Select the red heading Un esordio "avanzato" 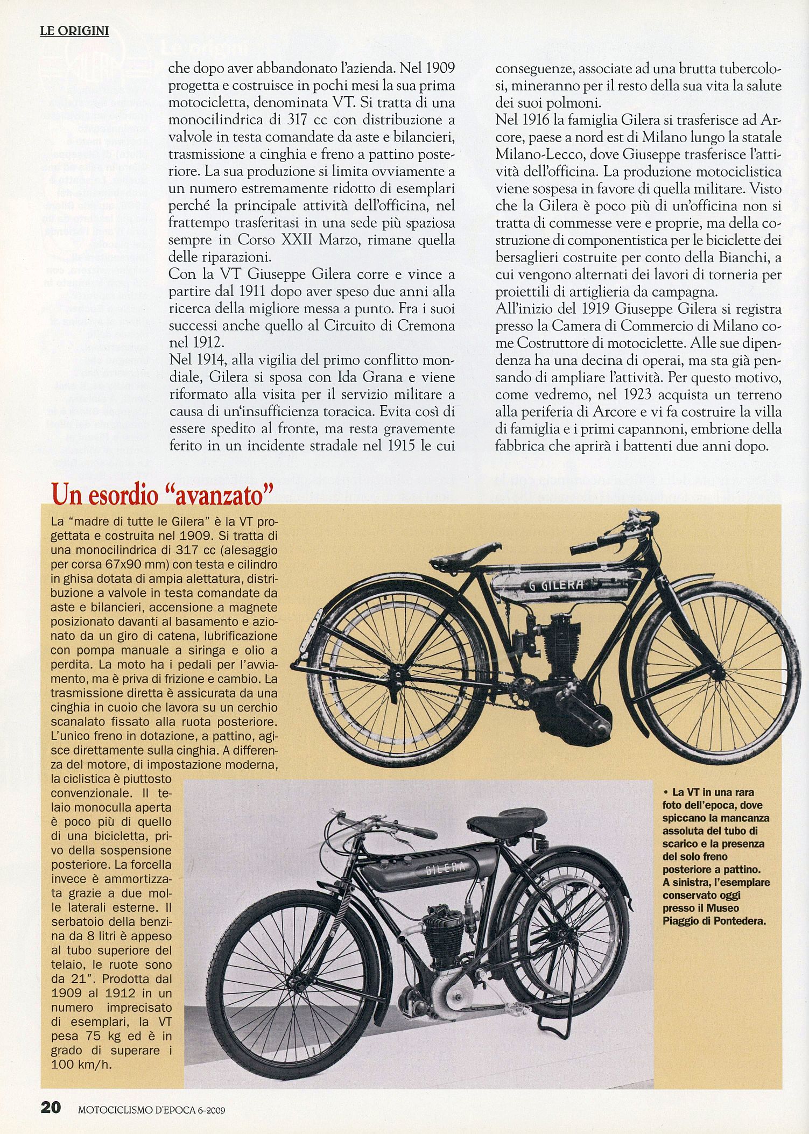point(159,494)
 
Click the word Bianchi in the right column point(741,257)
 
